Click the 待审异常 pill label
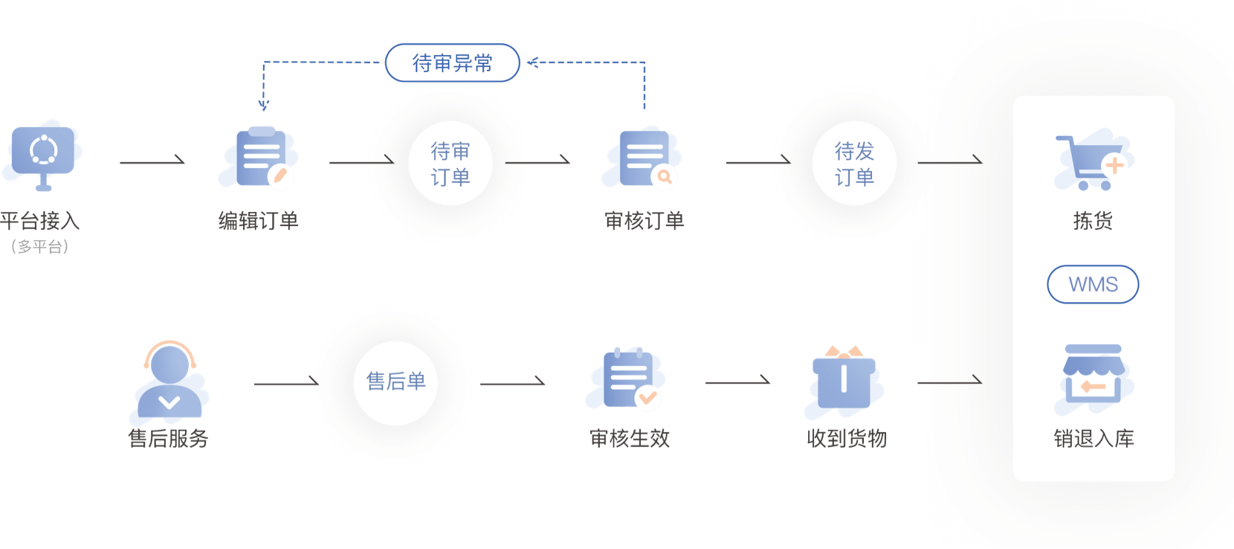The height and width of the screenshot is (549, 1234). pos(452,63)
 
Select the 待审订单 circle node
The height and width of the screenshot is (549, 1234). pos(450,164)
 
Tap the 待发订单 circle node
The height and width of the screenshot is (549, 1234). pos(854,164)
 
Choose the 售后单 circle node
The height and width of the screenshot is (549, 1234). pos(395,382)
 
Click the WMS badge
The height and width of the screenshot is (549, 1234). pos(1093,284)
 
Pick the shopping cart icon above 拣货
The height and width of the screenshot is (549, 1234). pos(1091,162)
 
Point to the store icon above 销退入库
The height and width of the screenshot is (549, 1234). pos(1093,376)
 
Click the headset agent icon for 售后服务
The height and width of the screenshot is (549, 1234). pos(169,379)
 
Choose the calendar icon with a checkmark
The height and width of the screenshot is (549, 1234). pos(627,378)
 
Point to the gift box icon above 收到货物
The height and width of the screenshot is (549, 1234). pos(844,379)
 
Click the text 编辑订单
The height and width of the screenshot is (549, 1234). pos(258,221)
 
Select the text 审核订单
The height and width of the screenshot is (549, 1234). pos(644,221)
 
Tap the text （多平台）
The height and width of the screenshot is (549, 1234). pos(40,246)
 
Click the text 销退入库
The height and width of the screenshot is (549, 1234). pos(1094,439)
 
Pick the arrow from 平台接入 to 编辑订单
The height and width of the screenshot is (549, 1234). pos(152,161)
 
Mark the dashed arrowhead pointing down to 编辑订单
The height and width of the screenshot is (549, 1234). pos(263,106)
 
